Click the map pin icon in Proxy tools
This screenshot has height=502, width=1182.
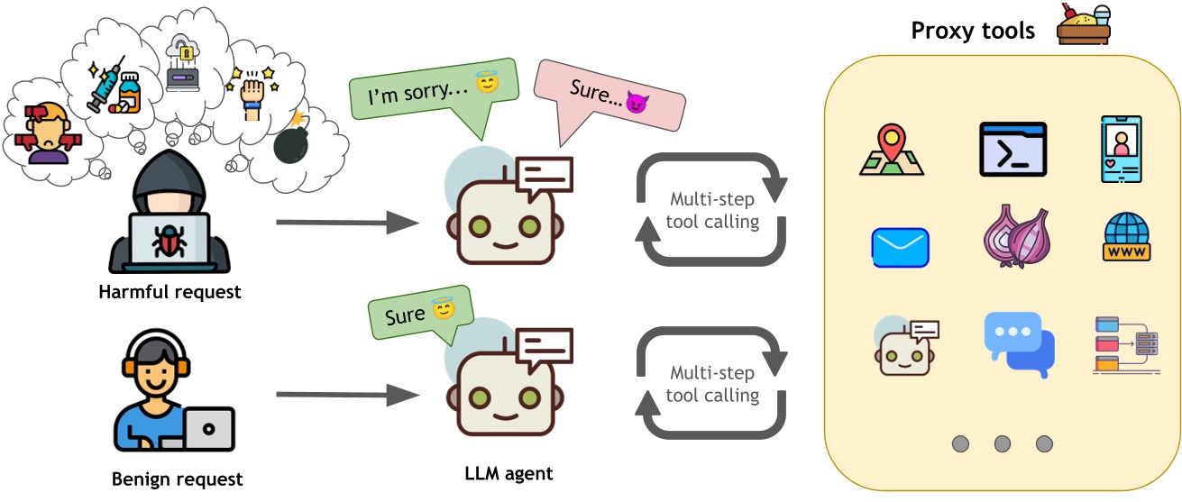pos(892,150)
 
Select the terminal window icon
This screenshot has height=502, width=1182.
pos(1012,149)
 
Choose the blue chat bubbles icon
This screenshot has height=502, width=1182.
pos(1018,342)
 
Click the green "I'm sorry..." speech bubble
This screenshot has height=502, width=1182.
pos(425,91)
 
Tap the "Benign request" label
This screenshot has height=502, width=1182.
pos(178,479)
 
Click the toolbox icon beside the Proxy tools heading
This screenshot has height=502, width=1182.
pos(1082,24)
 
